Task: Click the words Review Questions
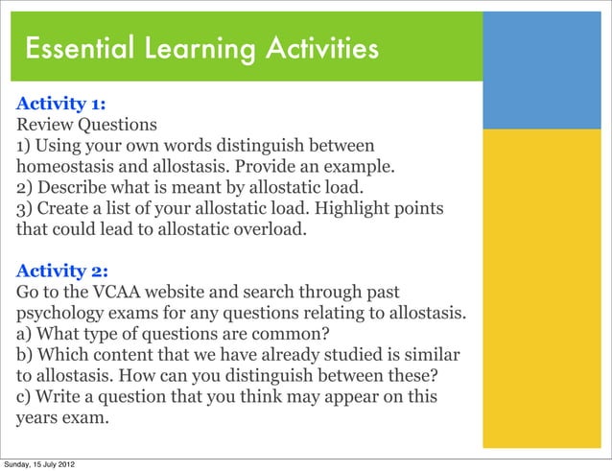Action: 86,125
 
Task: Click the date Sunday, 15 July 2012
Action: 38,464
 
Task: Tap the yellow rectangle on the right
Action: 545,288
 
